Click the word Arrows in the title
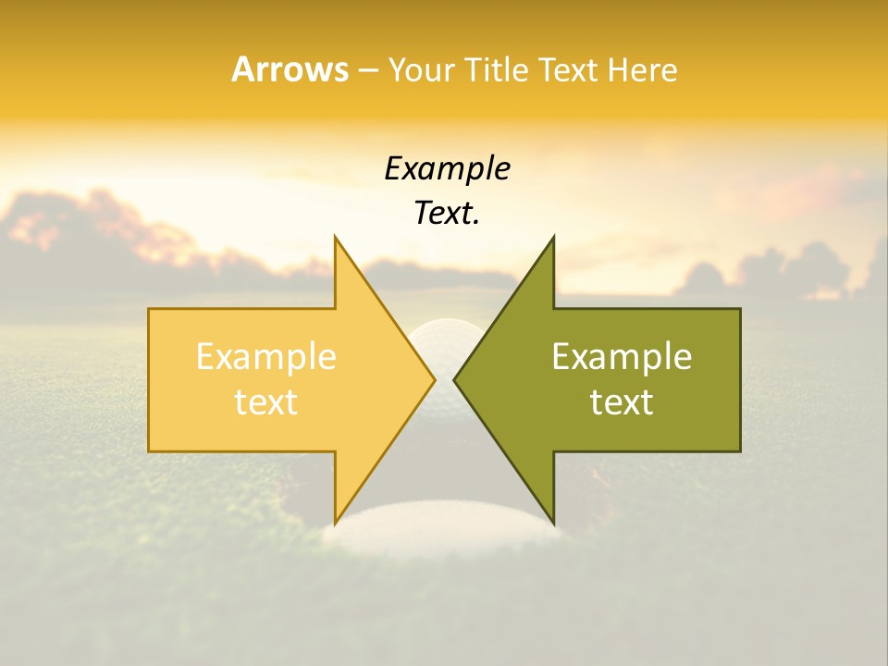pos(290,69)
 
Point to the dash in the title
pos(368,70)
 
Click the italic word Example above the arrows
pos(447,168)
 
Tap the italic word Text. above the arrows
pos(447,213)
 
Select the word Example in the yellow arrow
pos(266,357)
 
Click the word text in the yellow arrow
pos(266,401)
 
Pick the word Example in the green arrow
pos(622,357)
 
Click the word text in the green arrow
pos(622,401)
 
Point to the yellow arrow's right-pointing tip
pos(433,379)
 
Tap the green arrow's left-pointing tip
pos(455,379)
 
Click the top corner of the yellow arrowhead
pos(336,239)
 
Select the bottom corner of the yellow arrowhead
pos(336,522)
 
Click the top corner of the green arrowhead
pos(553,239)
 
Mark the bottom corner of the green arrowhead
pos(553,522)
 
